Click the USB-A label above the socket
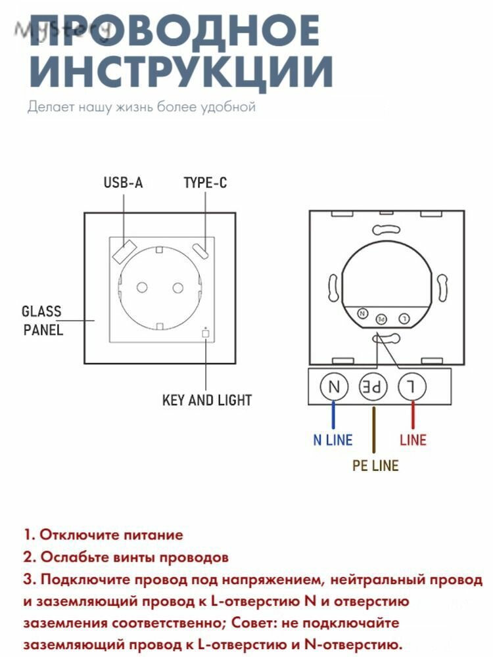(x=124, y=182)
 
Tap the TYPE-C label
(x=205, y=182)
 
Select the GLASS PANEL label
(x=42, y=321)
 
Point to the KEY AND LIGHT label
(x=206, y=400)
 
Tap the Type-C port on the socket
(x=202, y=250)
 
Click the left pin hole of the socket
(x=142, y=288)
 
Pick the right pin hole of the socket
(x=178, y=288)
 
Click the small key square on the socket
(x=205, y=334)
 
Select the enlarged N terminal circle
(x=334, y=386)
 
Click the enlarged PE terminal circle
(x=373, y=386)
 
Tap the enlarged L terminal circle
(x=412, y=386)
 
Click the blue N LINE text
(x=333, y=440)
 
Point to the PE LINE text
(x=375, y=466)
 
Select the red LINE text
(x=413, y=440)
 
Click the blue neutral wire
(x=333, y=415)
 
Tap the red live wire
(x=413, y=415)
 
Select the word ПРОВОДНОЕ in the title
(x=176, y=30)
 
